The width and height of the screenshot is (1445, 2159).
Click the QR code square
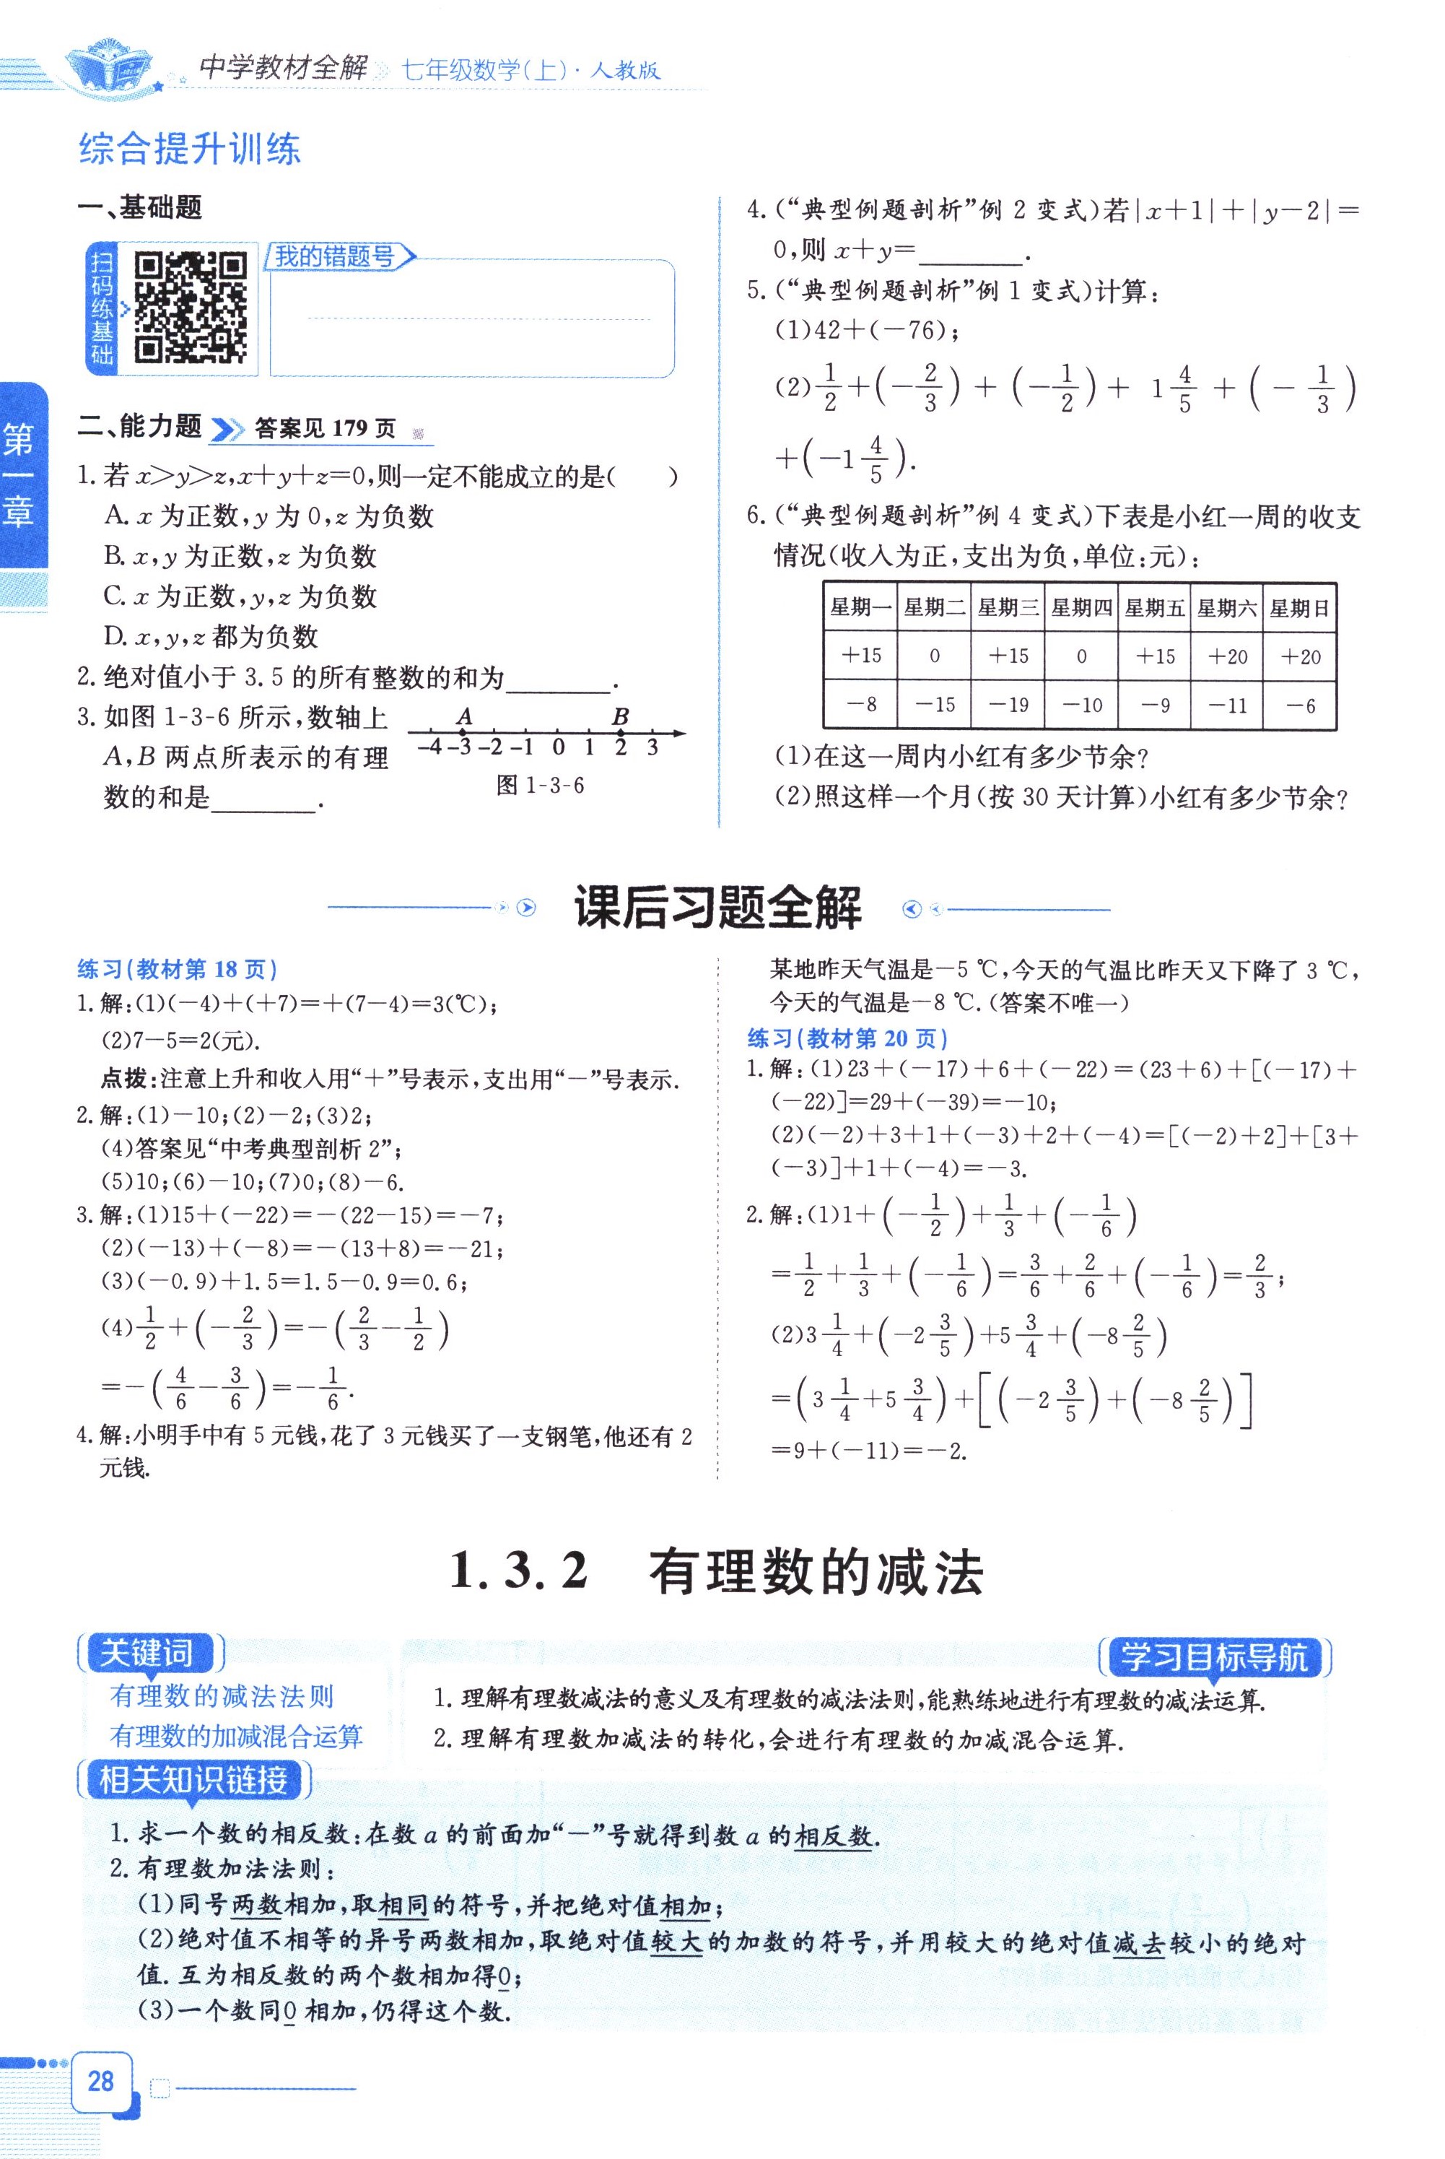click(x=191, y=307)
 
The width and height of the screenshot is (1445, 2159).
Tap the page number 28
click(x=100, y=2080)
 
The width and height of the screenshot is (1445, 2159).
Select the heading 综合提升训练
click(x=190, y=149)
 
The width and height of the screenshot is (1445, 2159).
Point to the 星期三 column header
click(x=1008, y=607)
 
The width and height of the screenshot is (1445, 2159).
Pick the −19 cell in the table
click(x=1008, y=704)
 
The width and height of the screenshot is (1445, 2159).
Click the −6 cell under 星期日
click(x=1299, y=705)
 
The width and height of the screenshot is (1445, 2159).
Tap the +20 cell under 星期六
click(x=1226, y=656)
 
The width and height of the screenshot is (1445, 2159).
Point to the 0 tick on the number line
click(x=559, y=747)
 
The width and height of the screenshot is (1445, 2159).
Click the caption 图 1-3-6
click(x=540, y=786)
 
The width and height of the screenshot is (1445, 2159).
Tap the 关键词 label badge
click(x=147, y=1653)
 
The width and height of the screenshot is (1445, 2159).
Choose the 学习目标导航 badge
click(x=1215, y=1656)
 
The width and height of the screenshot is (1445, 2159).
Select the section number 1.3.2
click(x=519, y=1570)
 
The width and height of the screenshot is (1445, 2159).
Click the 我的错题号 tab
click(x=336, y=256)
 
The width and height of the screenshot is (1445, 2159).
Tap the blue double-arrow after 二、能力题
click(x=227, y=429)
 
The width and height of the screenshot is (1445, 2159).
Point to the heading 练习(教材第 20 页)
click(x=847, y=1038)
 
